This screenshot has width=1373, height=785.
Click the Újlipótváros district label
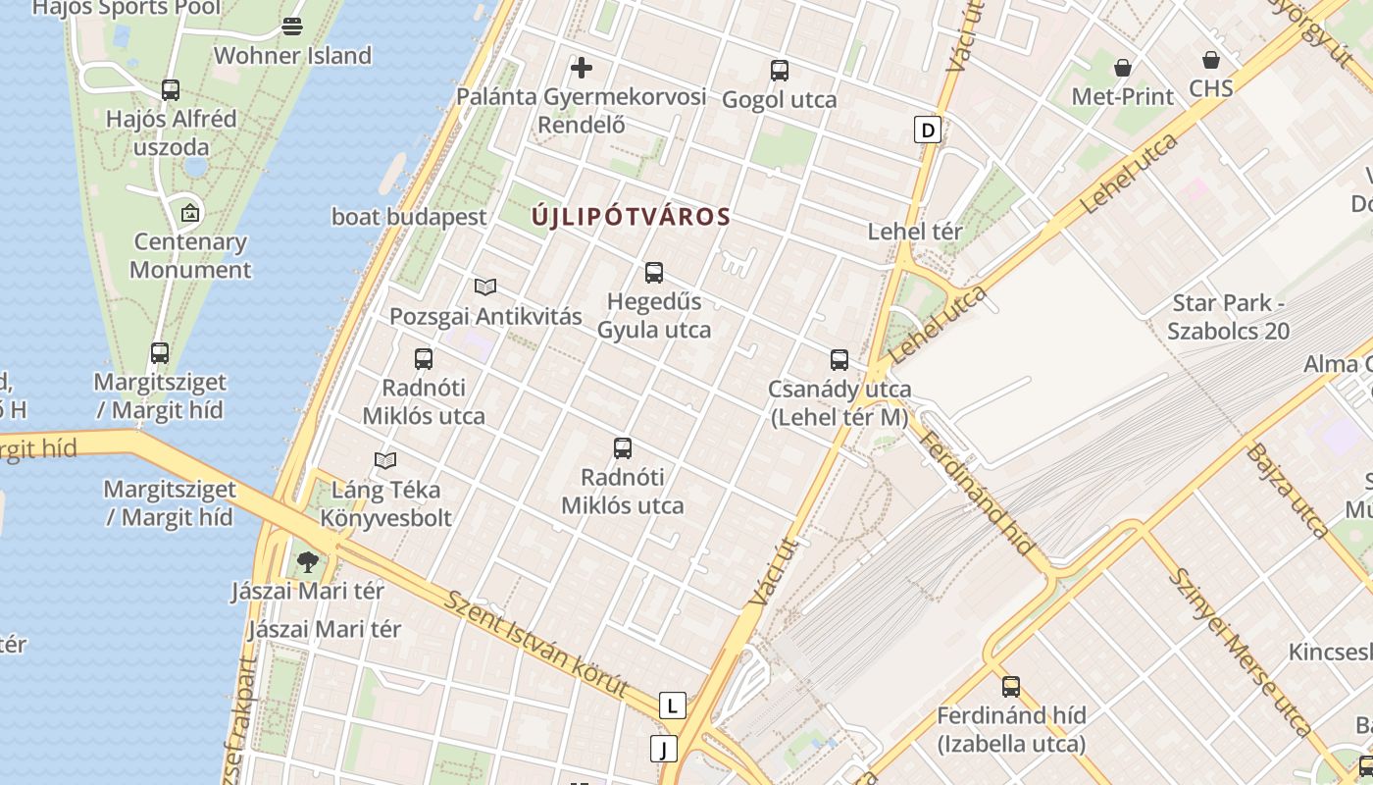tap(632, 217)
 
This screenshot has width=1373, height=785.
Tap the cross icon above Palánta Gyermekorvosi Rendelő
tap(582, 68)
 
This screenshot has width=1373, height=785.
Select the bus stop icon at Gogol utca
tap(780, 71)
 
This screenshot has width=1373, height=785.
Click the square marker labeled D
tap(927, 130)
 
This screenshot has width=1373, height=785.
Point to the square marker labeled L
tap(672, 706)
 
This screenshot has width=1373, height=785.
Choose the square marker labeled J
tap(664, 750)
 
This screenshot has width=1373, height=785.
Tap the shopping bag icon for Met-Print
tap(1123, 68)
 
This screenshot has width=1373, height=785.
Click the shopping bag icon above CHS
tap(1211, 60)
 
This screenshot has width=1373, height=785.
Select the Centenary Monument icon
tap(190, 213)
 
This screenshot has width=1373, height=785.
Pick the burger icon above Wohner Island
tap(292, 26)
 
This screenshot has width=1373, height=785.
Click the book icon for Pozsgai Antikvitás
tap(485, 288)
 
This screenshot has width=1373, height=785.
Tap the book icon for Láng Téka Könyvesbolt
tap(386, 460)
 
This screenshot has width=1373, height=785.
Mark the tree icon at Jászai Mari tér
tap(308, 562)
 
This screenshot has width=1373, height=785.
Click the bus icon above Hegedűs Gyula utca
tap(654, 273)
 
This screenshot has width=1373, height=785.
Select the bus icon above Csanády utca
tap(839, 360)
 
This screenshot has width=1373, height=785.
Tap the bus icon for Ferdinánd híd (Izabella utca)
tap(1011, 687)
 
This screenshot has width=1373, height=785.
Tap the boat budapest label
tap(409, 217)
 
